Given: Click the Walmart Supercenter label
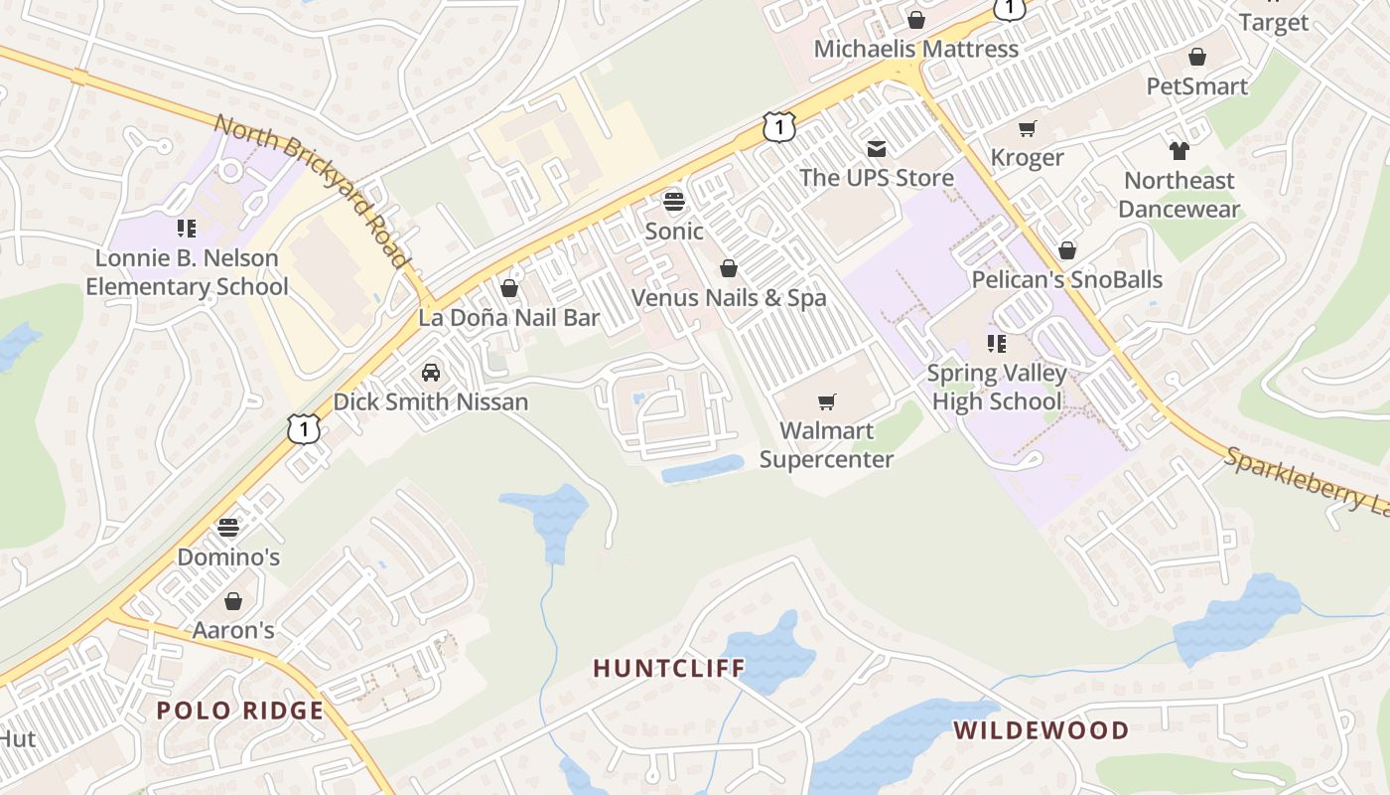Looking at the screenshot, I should point(826,444).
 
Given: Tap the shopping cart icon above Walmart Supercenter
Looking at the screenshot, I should point(826,401).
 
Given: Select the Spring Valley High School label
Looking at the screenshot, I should point(997,388).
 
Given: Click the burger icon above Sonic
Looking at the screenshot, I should point(674,202).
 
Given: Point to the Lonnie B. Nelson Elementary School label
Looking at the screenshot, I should point(187,272).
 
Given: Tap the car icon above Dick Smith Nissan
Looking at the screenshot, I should point(430,373).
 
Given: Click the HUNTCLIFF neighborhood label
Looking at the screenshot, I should point(668,668).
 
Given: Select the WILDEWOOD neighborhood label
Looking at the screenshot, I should point(1041,730).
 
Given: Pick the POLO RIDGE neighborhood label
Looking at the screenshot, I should point(240,711).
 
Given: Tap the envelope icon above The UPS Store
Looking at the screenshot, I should point(877,149).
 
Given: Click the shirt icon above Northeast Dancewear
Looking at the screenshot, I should point(1179,151).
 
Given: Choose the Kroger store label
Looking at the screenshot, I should point(1027,157).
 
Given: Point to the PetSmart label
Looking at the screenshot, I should point(1196,86).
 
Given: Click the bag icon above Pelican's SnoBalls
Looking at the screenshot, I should point(1067,250).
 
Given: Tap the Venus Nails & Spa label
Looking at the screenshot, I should point(729,297).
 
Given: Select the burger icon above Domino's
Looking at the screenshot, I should point(228,527).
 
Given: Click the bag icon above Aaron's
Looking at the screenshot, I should point(232,601).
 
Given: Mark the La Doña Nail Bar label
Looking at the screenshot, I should point(508,318).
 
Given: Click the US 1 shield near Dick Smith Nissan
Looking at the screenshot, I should point(304,429).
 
